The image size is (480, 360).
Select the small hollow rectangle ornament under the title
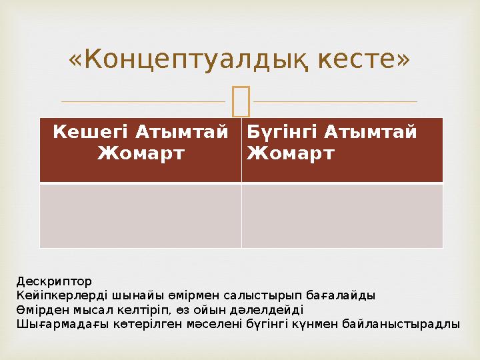click(241, 101)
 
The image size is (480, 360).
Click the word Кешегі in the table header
click(90, 133)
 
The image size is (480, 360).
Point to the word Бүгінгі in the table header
click(283, 133)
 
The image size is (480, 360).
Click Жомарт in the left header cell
click(141, 153)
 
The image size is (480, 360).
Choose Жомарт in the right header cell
click(290, 153)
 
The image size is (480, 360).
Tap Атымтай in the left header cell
click(182, 131)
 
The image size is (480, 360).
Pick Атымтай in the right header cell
click(371, 131)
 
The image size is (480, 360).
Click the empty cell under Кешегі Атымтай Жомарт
click(141, 216)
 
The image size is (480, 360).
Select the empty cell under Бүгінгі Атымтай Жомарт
click(342, 216)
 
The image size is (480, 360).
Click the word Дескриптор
click(54, 281)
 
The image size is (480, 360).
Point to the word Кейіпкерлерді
click(62, 295)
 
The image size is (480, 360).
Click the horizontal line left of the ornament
click(143, 101)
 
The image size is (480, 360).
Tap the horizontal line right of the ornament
click(335, 101)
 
